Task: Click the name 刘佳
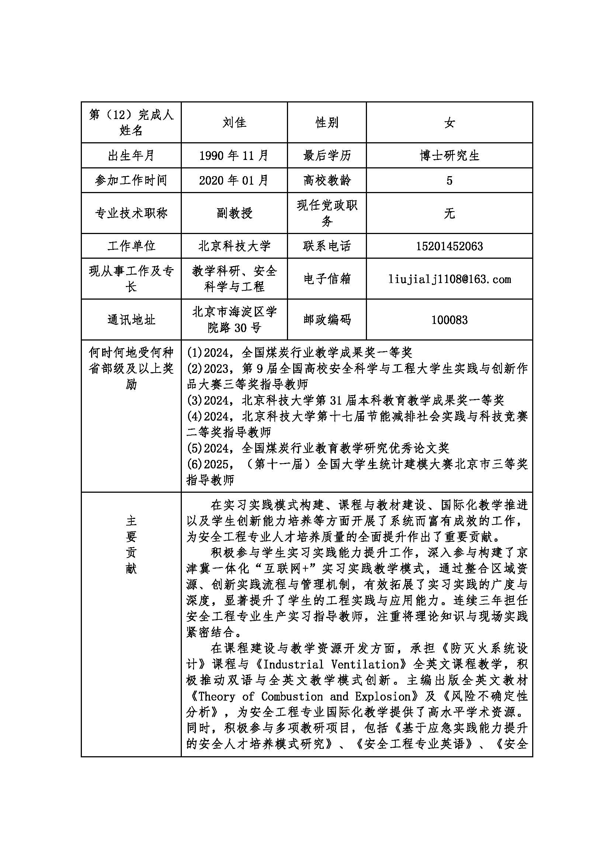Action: pos(234,122)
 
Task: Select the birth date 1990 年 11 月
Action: pos(234,156)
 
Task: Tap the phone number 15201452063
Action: pos(449,246)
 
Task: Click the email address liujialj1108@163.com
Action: pos(449,279)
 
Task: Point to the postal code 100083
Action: pos(449,320)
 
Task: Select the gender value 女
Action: pos(449,122)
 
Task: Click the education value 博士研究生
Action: pos(449,156)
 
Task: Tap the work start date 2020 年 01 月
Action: pos(234,181)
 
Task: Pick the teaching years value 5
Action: pos(449,181)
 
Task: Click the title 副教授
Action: pos(234,213)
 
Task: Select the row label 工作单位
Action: pos(131,246)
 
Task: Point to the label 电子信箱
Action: pos(327,279)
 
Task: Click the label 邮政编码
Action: pos(327,320)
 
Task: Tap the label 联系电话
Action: pos(327,246)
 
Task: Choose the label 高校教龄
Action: pos(327,181)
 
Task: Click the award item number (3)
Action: pos(195,401)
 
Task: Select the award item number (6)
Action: pos(195,464)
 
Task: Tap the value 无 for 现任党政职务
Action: pos(449,213)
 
